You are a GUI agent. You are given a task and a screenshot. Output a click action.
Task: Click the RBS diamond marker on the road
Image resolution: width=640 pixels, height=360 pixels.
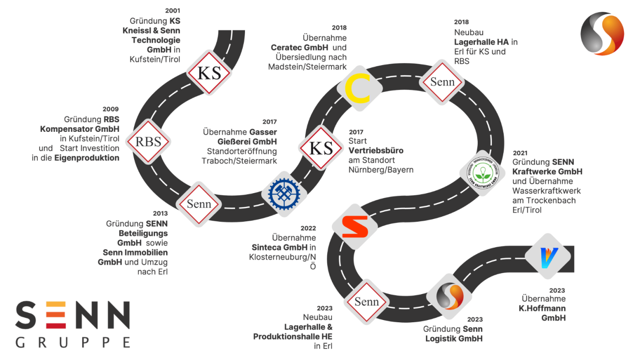(148, 141)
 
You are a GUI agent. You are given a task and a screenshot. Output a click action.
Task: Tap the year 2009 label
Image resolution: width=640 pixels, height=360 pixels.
(110, 109)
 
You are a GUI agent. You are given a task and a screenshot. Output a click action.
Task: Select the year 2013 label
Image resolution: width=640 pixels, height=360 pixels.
(160, 213)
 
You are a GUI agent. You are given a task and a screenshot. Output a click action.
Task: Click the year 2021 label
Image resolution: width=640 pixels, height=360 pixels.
(521, 153)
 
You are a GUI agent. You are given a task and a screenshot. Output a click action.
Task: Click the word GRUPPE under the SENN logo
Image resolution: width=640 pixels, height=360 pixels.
(73, 342)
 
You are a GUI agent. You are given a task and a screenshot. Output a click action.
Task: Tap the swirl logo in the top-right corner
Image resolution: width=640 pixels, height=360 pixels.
(602, 34)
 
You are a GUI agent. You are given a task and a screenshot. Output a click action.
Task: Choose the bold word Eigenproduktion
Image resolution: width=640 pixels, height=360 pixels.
(87, 158)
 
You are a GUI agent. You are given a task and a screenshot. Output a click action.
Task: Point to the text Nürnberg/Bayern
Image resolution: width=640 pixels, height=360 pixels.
(381, 170)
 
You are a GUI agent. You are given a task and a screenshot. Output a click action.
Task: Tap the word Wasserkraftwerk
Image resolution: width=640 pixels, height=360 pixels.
(546, 191)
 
